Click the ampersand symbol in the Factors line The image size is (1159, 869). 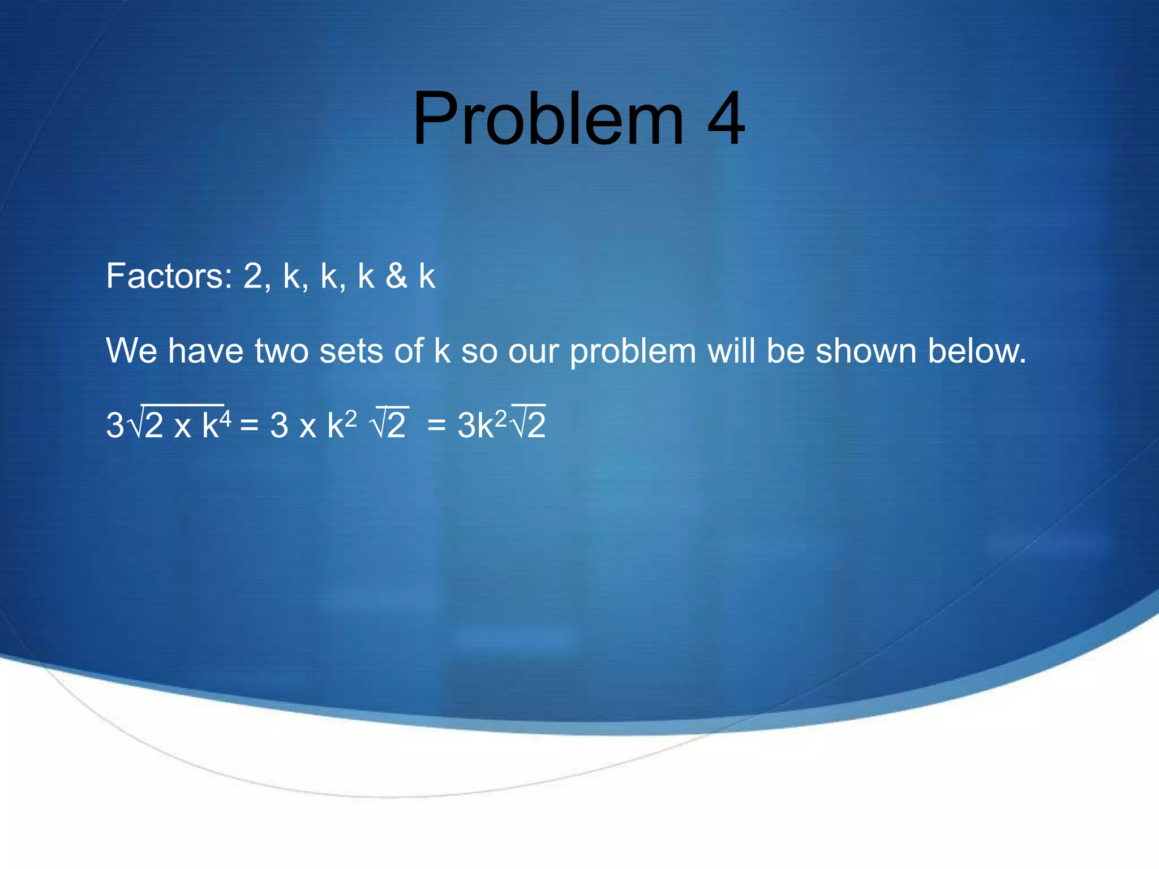pyautogui.click(x=396, y=276)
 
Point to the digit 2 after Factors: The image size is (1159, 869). pyautogui.click(x=253, y=276)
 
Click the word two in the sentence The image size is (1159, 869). pyautogui.click(x=281, y=351)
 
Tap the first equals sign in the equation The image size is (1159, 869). pyautogui.click(x=250, y=426)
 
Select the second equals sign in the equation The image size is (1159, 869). pyautogui.click(x=437, y=426)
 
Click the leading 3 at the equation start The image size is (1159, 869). pyautogui.click(x=115, y=425)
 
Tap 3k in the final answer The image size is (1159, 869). pyautogui.click(x=475, y=425)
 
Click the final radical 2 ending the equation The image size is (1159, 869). pyautogui.click(x=535, y=425)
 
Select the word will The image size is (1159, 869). pyautogui.click(x=731, y=351)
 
